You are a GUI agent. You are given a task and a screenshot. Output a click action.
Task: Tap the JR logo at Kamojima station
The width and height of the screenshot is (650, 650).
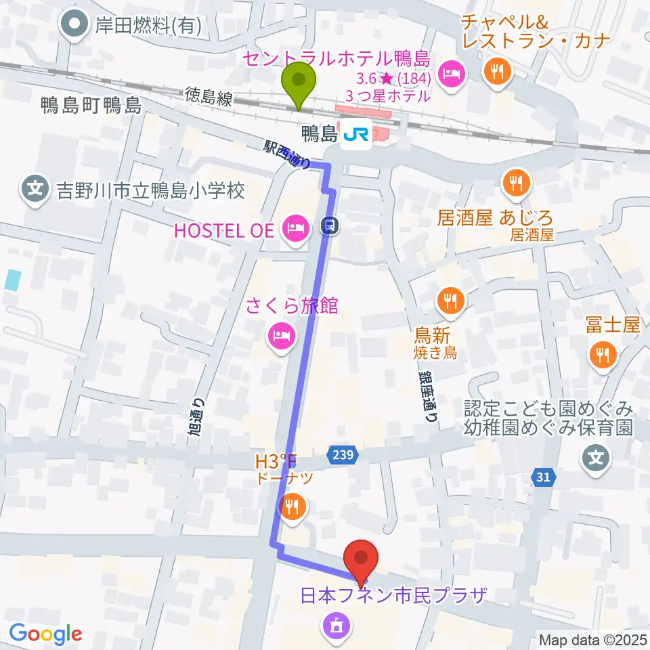[355, 137]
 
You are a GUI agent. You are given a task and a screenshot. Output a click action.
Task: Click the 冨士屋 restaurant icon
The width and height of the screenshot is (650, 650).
[602, 352]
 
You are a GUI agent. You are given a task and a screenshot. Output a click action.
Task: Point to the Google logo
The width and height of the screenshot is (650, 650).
[46, 633]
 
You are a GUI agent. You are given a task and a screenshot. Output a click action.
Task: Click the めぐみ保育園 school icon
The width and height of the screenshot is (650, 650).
[596, 459]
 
